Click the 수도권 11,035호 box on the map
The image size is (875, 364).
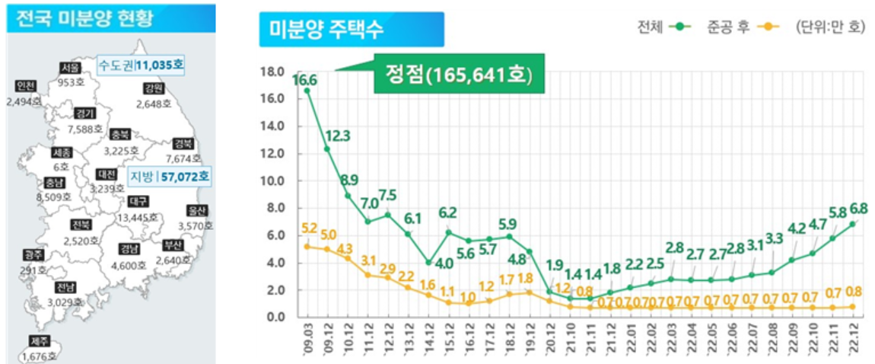point(141,65)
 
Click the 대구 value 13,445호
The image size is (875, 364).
point(138,217)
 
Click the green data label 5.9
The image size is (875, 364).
point(508,224)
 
